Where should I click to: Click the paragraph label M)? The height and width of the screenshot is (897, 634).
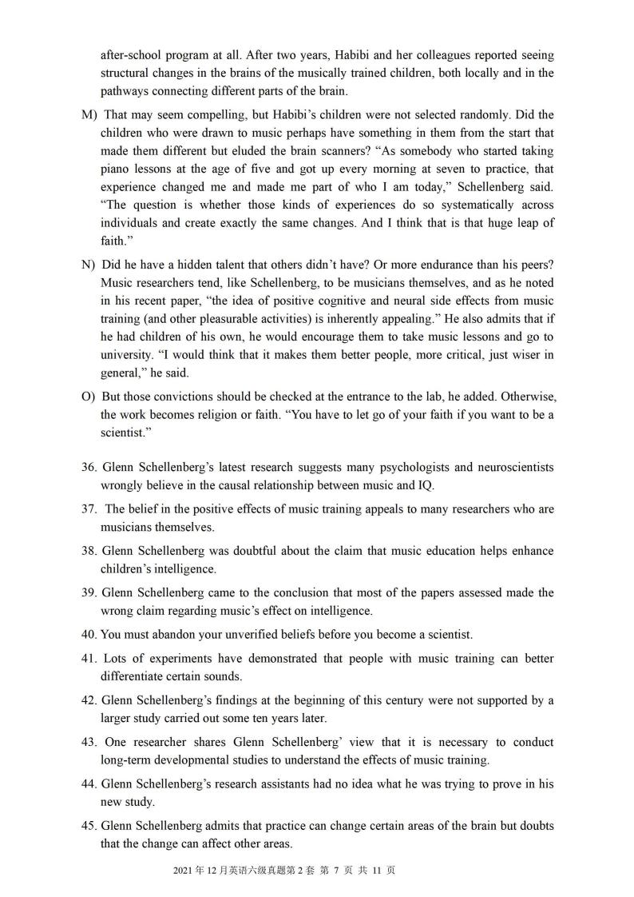click(x=89, y=115)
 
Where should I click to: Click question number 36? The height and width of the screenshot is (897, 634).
click(x=89, y=467)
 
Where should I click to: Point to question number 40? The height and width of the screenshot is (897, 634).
click(x=90, y=635)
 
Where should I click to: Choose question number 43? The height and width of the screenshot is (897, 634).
click(x=90, y=742)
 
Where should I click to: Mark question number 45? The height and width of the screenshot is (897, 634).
click(x=90, y=826)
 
